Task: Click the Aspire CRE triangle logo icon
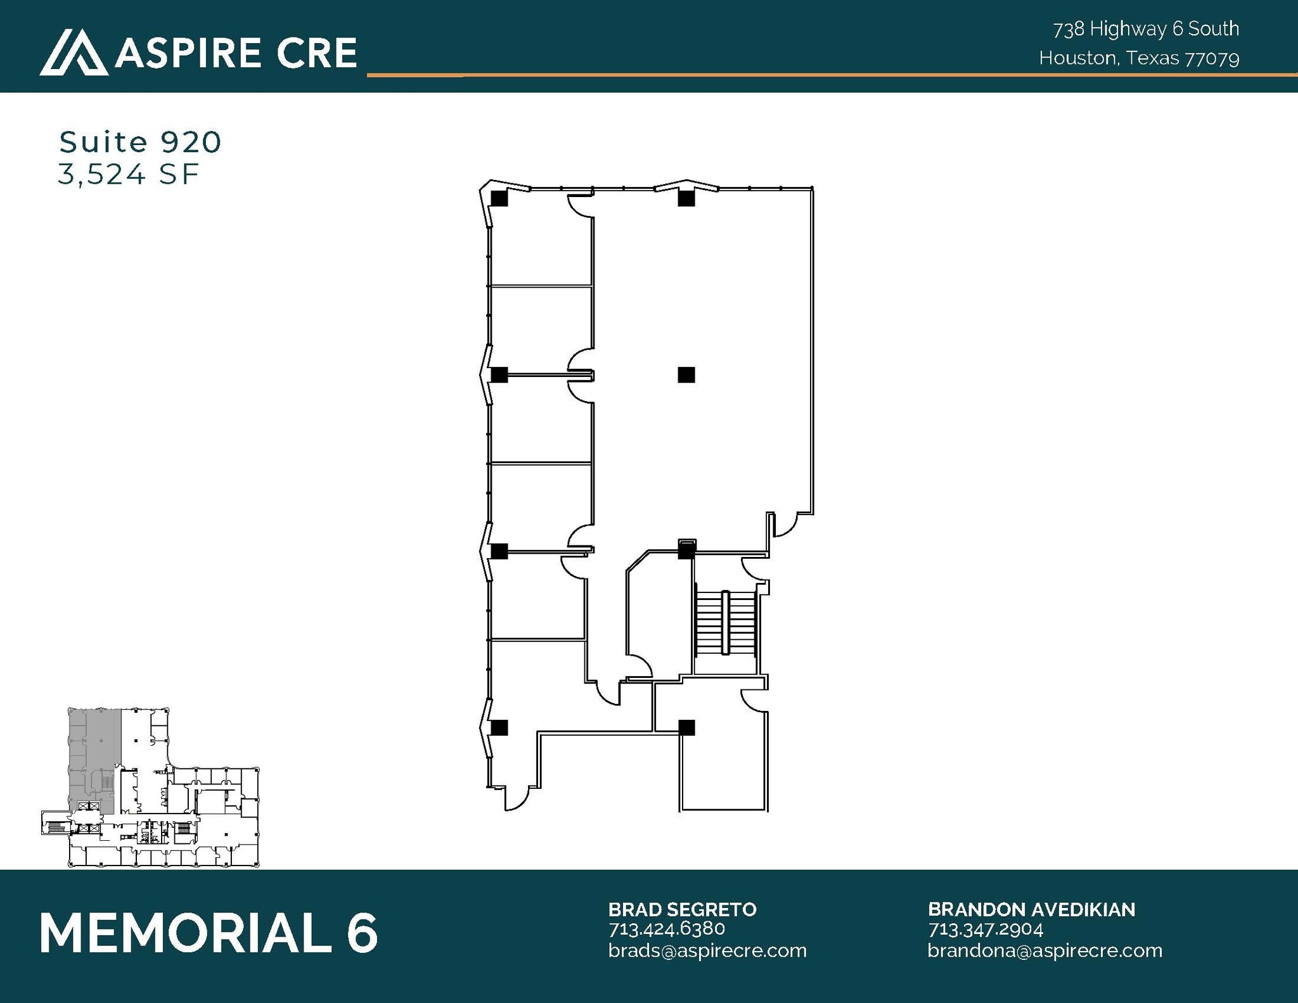click(73, 52)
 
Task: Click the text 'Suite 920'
click(140, 142)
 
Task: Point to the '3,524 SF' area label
click(129, 174)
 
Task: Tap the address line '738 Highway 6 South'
click(1145, 29)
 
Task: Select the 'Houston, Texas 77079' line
click(1138, 58)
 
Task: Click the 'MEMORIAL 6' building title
click(209, 933)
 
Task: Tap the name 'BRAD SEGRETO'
click(682, 909)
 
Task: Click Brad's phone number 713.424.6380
click(666, 929)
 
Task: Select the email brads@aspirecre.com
click(707, 950)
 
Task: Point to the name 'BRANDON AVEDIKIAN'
click(1031, 909)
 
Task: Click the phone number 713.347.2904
click(985, 929)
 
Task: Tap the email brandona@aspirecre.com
click(1044, 950)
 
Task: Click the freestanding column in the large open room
click(686, 375)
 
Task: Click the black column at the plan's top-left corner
click(499, 198)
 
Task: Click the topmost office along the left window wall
click(540, 244)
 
